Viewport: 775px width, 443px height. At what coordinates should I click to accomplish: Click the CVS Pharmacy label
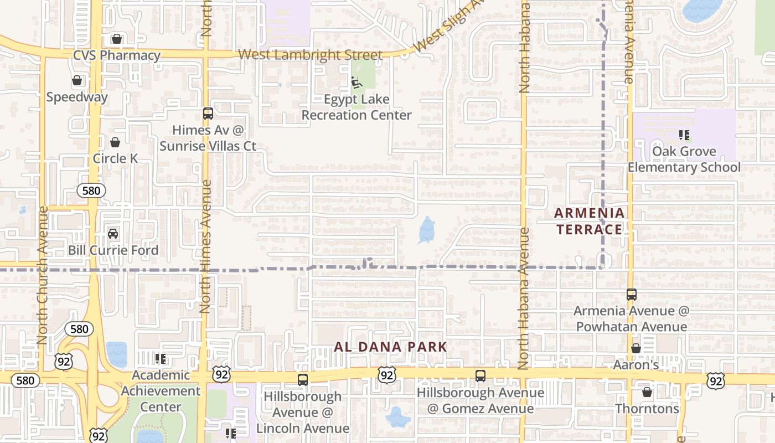[117, 55]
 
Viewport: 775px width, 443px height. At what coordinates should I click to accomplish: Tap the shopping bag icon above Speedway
[77, 81]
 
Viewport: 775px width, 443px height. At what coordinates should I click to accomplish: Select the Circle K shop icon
[115, 142]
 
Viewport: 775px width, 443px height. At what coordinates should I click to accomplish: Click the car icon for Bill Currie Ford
[113, 234]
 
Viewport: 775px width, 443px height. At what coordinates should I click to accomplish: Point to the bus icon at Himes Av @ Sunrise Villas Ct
[208, 114]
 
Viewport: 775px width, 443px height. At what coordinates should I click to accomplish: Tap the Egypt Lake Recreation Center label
[356, 107]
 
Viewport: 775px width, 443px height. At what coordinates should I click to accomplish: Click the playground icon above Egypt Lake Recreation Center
[356, 83]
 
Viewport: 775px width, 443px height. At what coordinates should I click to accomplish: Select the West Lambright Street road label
[310, 55]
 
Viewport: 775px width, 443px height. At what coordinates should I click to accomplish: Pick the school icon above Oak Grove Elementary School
[684, 135]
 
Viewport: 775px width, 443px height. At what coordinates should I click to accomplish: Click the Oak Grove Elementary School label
[684, 159]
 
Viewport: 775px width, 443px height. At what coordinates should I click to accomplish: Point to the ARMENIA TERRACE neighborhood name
[590, 221]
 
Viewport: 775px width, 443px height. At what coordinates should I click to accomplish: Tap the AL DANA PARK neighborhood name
[390, 347]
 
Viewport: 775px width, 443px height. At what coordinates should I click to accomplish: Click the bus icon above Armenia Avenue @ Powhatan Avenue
[632, 295]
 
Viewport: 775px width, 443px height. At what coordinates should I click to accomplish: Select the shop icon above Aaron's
[636, 349]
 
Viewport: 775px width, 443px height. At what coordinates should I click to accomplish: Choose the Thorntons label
[647, 409]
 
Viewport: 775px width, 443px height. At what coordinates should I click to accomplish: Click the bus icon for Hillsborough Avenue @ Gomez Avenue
[480, 376]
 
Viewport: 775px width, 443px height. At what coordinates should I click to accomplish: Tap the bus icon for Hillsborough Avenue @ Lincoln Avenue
[303, 380]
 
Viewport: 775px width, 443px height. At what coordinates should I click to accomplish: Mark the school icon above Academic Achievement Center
[161, 359]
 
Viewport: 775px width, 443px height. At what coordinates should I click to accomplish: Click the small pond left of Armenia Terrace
[427, 230]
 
